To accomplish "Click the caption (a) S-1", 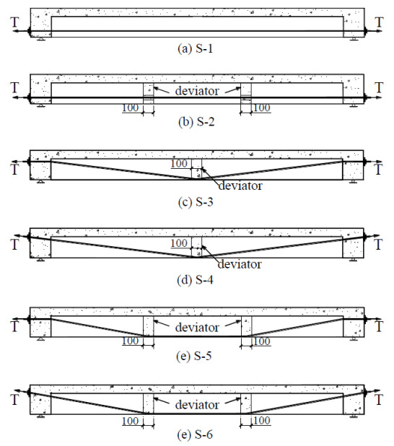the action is (x=195, y=48).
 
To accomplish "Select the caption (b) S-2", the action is (x=196, y=122).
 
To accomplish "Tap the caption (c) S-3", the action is (x=196, y=202).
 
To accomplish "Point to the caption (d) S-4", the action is (x=195, y=280).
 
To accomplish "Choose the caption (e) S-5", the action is (x=194, y=356).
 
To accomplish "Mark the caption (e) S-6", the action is (x=195, y=434).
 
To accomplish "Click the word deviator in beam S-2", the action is (x=197, y=91).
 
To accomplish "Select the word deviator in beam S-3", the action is (x=240, y=185).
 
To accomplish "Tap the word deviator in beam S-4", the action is (x=240, y=264).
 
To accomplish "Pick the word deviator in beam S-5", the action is (x=197, y=327).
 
